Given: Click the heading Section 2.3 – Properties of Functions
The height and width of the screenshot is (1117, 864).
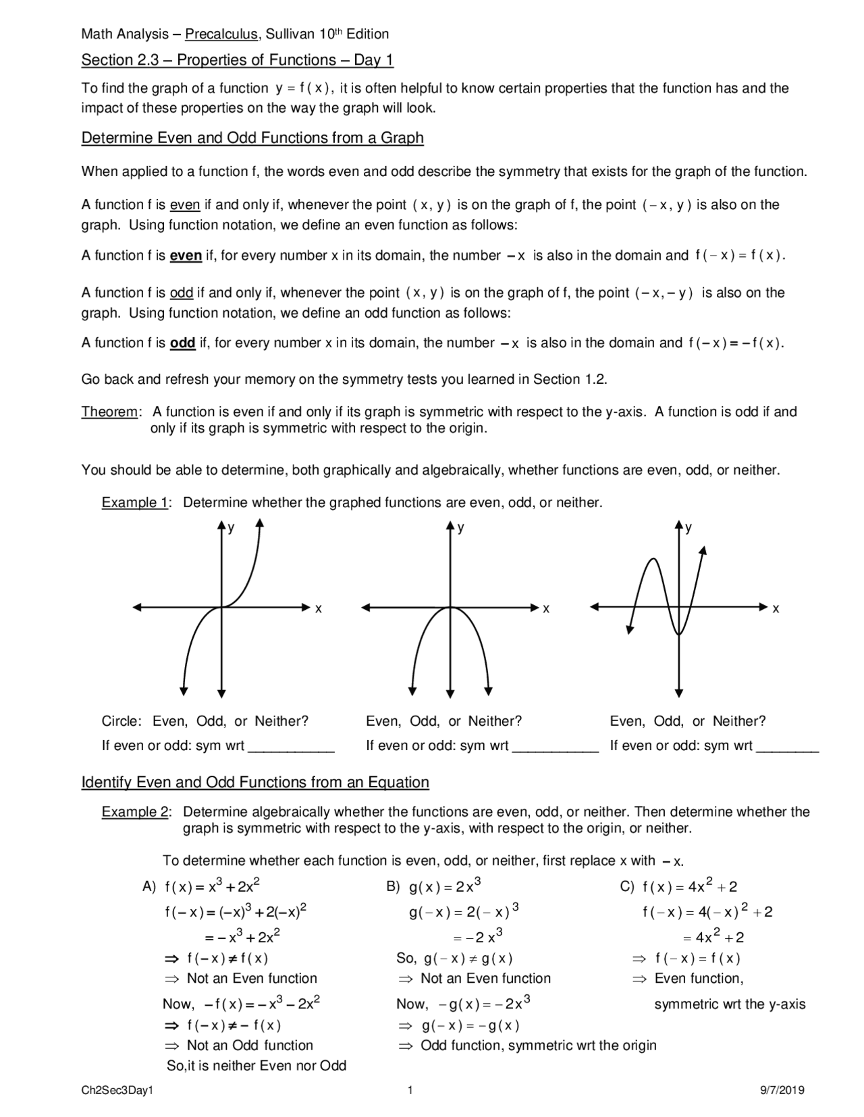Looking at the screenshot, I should tap(237, 60).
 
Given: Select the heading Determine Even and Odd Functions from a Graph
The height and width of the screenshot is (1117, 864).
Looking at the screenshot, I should tap(252, 138).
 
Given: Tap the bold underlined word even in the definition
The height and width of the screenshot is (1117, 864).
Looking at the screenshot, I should tap(186, 256).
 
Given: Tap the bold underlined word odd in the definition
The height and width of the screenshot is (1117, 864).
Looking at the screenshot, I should tap(182, 343).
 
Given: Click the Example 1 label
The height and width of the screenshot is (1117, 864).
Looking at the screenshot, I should tap(136, 503).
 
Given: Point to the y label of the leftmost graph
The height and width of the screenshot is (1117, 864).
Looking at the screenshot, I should tap(232, 528).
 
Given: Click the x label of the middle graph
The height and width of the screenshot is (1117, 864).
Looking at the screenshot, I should tap(547, 609).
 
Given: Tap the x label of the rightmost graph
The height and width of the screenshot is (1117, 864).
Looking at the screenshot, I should tap(776, 609).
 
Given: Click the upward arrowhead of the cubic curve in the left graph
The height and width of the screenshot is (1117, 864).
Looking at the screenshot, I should tap(260, 523).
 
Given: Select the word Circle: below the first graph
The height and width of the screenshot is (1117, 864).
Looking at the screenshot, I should tap(122, 721).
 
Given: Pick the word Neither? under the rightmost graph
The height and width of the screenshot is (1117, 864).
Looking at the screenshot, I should tap(738, 721).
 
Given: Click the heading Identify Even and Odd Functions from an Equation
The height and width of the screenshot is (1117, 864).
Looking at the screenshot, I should tap(255, 782).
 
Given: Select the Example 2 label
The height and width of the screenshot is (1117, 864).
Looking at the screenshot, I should tap(136, 812).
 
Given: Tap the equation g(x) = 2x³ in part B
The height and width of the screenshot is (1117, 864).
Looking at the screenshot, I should tap(445, 886).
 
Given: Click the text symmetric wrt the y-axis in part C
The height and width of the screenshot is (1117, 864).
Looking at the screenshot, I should tap(730, 1004).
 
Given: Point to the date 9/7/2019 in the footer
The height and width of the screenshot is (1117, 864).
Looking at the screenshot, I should tap(782, 1090).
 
